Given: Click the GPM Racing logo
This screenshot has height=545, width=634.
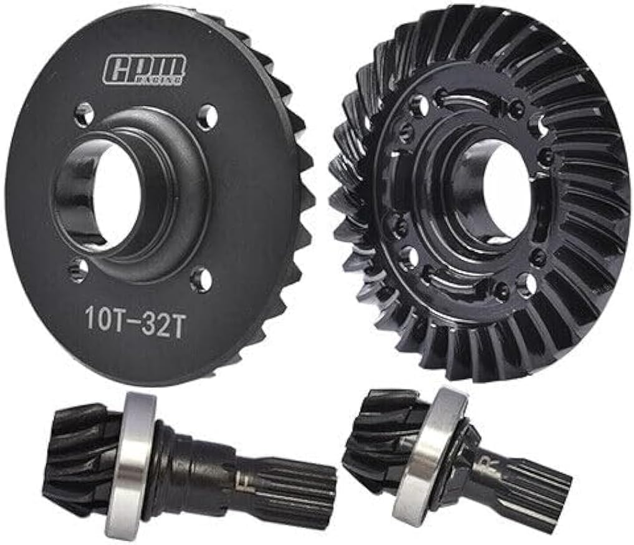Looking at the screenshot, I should pyautogui.click(x=144, y=69).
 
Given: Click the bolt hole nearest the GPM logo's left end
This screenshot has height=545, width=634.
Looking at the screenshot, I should pyautogui.click(x=84, y=114).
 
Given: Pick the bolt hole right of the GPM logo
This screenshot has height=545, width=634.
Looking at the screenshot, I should pyautogui.click(x=208, y=117).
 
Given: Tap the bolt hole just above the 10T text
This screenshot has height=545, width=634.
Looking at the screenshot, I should pyautogui.click(x=79, y=269).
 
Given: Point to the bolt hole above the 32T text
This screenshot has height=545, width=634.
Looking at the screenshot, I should pyautogui.click(x=201, y=279).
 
